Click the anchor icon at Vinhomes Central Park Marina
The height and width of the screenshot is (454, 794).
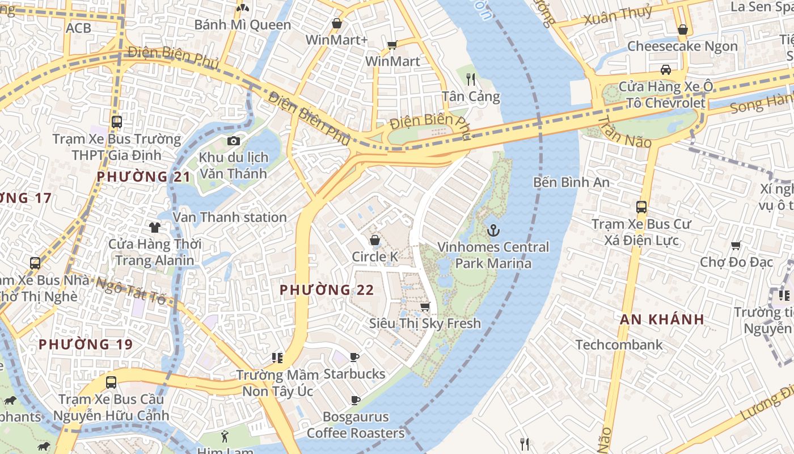493,230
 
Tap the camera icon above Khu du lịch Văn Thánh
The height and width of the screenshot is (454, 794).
233,141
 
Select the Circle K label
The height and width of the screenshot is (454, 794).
375,257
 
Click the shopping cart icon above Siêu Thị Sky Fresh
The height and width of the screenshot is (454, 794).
425,307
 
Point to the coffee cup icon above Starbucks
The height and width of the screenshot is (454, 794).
354,357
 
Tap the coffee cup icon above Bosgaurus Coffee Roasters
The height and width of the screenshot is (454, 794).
356,400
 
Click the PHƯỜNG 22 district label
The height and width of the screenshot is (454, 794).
327,290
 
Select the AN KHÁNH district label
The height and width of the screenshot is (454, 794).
662,319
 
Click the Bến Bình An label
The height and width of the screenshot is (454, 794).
571,182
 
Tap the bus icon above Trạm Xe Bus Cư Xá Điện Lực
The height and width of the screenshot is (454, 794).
641,207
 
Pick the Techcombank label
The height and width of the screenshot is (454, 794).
619,344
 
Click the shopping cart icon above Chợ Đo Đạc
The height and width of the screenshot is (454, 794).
736,245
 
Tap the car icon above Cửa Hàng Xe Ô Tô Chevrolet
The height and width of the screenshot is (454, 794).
666,70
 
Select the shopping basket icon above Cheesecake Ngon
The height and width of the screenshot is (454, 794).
683,29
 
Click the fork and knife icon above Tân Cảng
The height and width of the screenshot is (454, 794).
470,79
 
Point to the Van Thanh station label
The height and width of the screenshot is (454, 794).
230,217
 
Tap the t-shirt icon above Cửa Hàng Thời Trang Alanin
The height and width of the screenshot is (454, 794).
155,228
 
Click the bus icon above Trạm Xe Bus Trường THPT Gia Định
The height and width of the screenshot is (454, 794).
117,121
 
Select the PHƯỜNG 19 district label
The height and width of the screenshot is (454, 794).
86,344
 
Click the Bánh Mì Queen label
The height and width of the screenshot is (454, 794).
243,25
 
